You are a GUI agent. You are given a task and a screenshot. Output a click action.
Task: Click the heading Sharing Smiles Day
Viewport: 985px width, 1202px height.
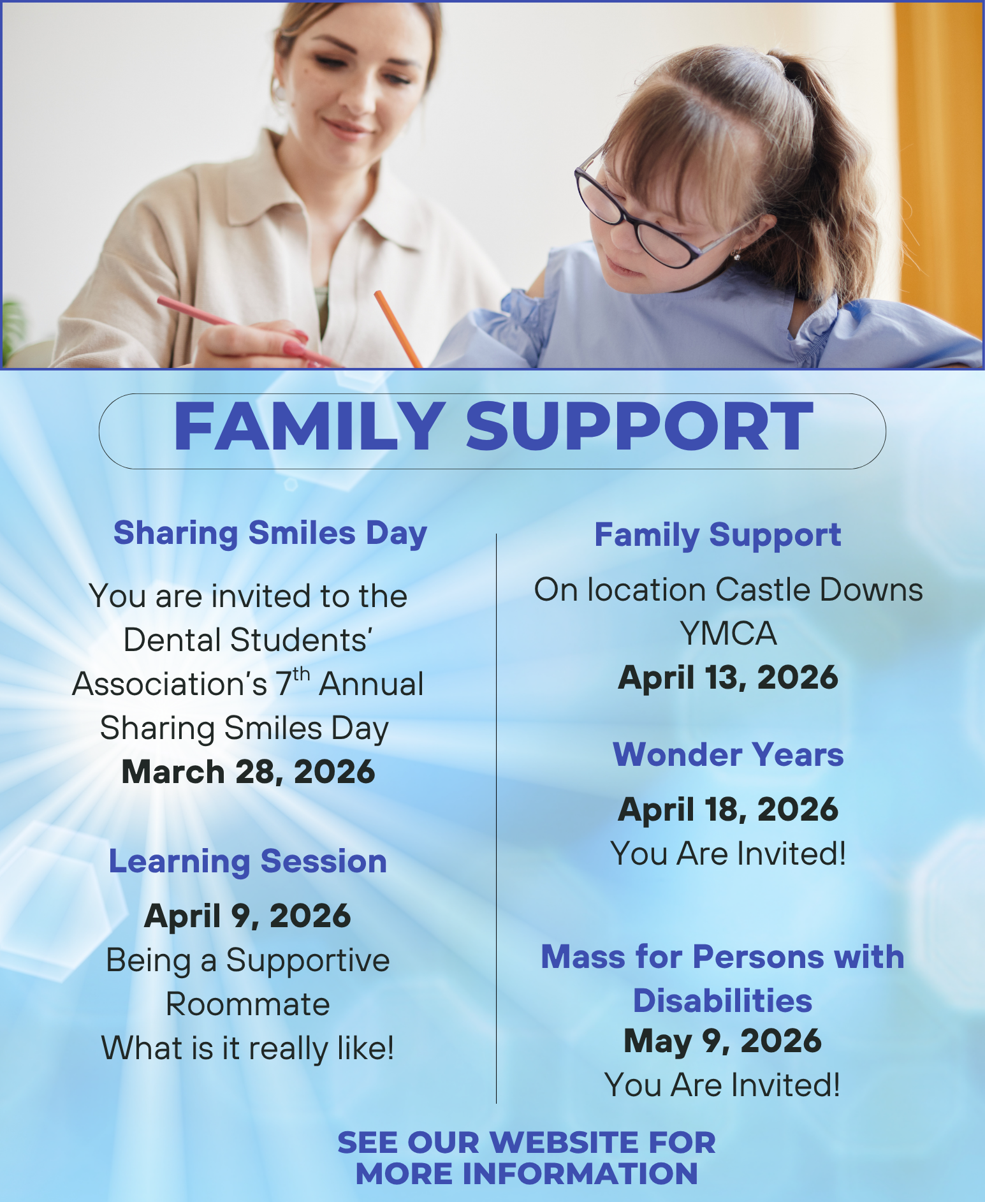(270, 534)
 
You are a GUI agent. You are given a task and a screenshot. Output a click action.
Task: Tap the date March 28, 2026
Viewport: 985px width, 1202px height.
(248, 772)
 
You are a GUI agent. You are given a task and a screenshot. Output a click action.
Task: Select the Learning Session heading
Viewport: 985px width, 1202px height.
(248, 862)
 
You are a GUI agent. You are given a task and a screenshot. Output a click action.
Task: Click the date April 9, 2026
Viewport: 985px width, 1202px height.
(248, 917)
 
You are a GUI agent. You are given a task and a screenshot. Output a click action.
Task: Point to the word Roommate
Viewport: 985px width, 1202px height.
(248, 1004)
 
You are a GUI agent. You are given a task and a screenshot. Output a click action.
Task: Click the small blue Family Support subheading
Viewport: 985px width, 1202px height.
(718, 536)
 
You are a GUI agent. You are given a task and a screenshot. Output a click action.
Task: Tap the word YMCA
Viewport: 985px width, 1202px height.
(728, 634)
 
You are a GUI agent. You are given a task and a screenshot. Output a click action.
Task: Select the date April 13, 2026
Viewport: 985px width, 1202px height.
(728, 677)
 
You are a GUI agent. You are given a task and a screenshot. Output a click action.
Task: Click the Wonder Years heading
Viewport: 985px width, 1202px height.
(728, 754)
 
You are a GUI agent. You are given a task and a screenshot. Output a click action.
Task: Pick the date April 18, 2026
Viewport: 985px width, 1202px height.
(728, 809)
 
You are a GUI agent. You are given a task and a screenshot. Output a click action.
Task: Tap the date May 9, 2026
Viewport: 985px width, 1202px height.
(722, 1041)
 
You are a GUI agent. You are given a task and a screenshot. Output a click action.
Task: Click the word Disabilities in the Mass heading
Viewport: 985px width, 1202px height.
(722, 1000)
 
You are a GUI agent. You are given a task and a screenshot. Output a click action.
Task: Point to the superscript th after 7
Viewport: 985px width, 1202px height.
(302, 674)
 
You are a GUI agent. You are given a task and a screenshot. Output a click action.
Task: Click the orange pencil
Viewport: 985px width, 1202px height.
(398, 329)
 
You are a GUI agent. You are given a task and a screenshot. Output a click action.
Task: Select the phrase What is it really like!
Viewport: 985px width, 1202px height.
(248, 1049)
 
